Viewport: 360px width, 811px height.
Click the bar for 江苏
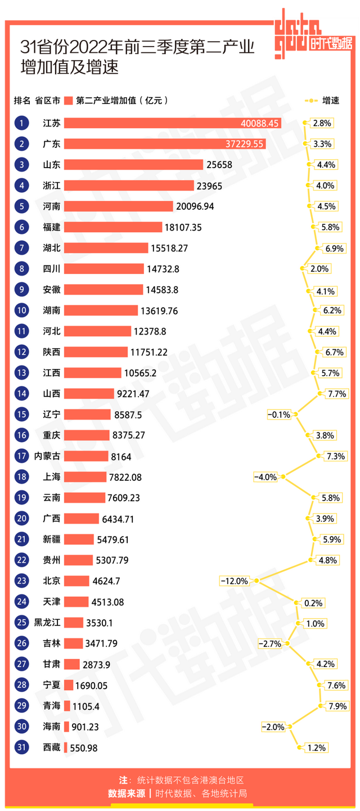point(172,123)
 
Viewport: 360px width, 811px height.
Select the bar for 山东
point(133,165)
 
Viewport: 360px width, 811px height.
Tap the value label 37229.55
point(244,144)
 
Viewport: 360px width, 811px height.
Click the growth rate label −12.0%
point(235,581)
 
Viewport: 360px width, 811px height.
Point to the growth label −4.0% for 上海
point(265,477)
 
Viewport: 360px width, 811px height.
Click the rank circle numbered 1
point(21,123)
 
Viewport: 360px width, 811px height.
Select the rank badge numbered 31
point(21,747)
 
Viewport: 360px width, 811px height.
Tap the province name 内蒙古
point(48,456)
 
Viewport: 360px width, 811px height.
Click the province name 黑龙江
point(48,623)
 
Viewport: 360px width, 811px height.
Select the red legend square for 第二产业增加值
point(69,101)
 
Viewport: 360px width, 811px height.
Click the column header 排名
point(22,101)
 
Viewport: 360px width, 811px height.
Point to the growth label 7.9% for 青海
point(335,706)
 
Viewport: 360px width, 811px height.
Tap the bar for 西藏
point(66,747)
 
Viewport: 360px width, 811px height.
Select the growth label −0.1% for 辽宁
point(279,414)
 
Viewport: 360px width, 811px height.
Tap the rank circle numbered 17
point(21,456)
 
